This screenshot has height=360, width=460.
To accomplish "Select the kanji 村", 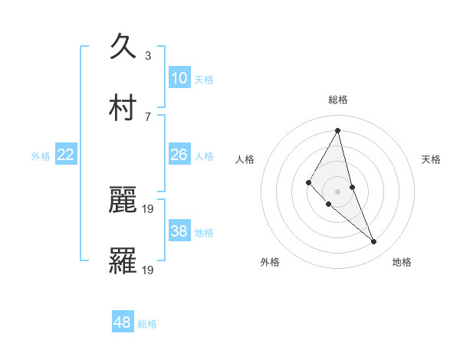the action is pos(123,107).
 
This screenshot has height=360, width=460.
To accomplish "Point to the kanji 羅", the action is pos(123,260).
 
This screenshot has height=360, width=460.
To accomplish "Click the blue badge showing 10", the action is pos(179,78).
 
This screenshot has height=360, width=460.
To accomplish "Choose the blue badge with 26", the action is pos(179,155).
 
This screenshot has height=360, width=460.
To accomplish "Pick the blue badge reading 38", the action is pos(179,231).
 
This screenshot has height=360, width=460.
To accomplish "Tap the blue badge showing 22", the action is pos(66,155).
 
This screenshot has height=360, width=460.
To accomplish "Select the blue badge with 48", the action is pos(123,322).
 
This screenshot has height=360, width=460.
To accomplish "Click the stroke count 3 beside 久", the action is pos(148,55).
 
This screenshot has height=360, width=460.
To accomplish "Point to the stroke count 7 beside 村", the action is pos(148,116).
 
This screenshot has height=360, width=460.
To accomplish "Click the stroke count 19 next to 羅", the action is pos(149,270).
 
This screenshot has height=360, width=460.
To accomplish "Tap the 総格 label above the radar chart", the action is pos(338,100).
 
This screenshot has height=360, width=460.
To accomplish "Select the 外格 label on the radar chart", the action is pos(270,262).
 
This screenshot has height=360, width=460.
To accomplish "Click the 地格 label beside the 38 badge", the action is pos(204,232).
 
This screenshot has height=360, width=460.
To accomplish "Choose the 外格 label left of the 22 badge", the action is pos(41,155).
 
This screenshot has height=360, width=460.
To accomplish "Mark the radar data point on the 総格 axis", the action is pos(338,130).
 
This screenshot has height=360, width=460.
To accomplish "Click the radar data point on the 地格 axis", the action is pos(374,242).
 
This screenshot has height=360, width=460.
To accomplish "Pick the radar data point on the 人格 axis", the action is pos(308,182).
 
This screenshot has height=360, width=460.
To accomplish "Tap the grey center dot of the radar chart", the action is pos(338,191).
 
